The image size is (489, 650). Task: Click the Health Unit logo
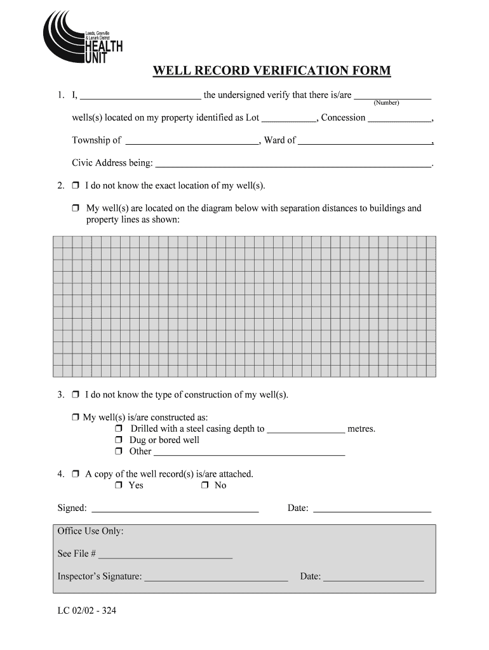(x=81, y=39)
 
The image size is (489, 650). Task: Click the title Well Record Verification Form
(x=271, y=70)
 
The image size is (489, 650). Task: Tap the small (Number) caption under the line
(x=386, y=103)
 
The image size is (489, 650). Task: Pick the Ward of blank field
(x=365, y=142)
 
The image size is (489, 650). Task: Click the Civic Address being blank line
(x=293, y=164)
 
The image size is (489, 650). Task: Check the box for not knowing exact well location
(x=75, y=186)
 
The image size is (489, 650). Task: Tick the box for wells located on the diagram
(x=75, y=208)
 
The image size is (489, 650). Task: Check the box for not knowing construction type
(x=75, y=395)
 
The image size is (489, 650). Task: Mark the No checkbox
(x=204, y=486)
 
